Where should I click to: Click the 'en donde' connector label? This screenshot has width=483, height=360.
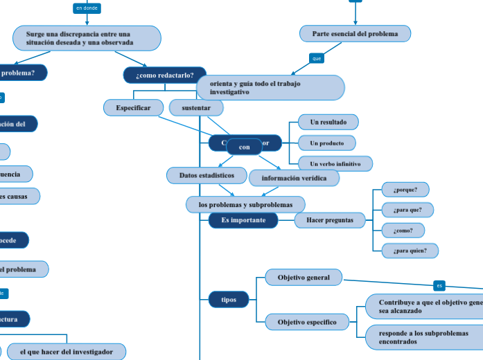click(x=87, y=8)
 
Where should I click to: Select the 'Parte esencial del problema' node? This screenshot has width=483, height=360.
click(x=355, y=33)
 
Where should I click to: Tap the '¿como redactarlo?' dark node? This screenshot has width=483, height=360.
click(x=164, y=75)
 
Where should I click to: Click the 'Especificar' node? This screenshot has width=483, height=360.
click(x=133, y=107)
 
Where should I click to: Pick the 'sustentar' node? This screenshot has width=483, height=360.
click(x=196, y=108)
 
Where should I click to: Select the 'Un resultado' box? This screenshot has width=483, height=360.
click(x=328, y=122)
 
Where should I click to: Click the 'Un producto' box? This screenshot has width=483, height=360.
click(x=326, y=143)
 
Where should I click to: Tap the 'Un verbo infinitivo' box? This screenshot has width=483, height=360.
click(x=335, y=163)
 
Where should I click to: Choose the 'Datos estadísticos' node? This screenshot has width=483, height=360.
click(x=206, y=175)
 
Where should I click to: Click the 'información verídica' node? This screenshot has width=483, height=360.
click(x=294, y=178)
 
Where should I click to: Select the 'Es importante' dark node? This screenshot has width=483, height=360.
click(x=243, y=219)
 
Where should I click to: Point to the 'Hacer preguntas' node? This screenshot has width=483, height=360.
click(x=329, y=220)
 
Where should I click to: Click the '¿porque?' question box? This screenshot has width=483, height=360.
click(x=405, y=189)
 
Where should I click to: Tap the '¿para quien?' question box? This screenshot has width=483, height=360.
click(x=410, y=250)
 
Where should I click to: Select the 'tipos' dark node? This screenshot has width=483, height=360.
click(x=228, y=299)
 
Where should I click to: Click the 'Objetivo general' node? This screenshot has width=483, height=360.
click(x=304, y=278)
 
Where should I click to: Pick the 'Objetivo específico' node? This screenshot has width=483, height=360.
click(x=307, y=322)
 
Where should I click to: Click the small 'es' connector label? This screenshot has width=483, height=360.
click(x=439, y=285)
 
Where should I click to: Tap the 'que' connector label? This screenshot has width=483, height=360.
click(x=317, y=59)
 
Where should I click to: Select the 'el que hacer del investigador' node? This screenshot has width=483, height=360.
click(x=66, y=352)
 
